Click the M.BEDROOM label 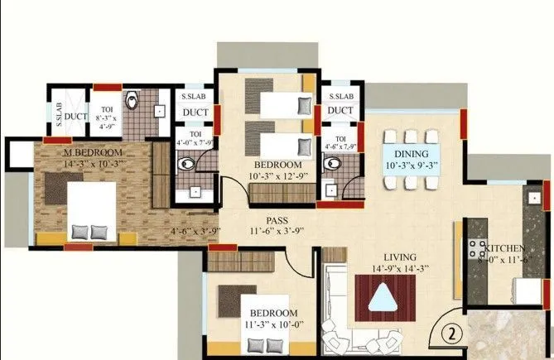point(93,153)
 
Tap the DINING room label point(411,154)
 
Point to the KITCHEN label point(505,248)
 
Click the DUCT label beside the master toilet point(76,118)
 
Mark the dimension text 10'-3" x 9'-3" point(412,166)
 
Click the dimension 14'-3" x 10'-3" point(93,164)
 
